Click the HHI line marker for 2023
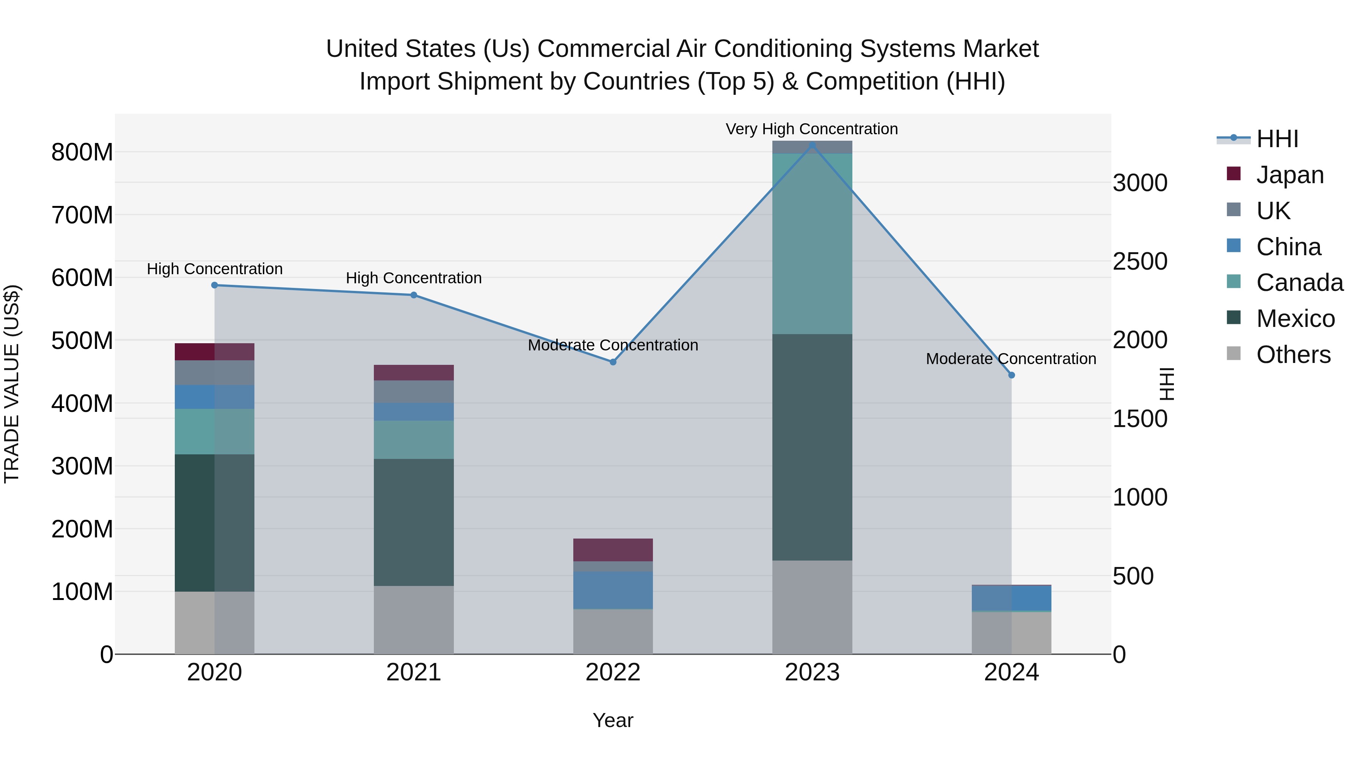point(812,145)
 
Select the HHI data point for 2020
point(215,285)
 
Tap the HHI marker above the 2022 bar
point(613,362)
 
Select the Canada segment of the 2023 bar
point(812,244)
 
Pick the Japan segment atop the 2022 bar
point(613,550)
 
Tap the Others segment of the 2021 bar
point(414,620)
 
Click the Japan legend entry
point(1289,175)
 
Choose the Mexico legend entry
point(1295,319)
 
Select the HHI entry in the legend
point(1277,139)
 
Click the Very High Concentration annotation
point(811,129)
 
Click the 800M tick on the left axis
point(82,152)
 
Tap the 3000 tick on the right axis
point(1140,183)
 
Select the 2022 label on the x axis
point(613,672)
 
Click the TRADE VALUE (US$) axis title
point(12,384)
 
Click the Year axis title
point(613,720)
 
